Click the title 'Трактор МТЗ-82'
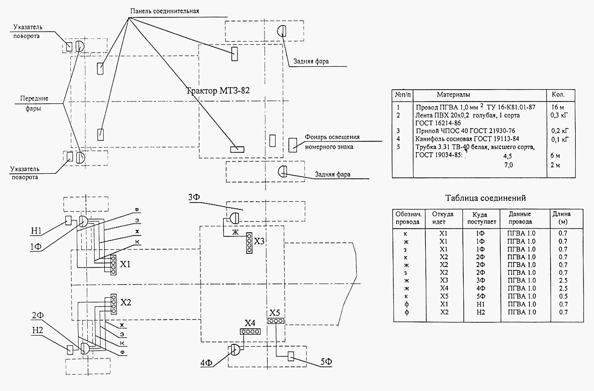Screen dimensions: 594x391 tap(218, 91)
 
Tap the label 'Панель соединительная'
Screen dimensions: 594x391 tap(164, 11)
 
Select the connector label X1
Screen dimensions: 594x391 tap(125, 264)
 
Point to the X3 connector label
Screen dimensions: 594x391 tap(259, 241)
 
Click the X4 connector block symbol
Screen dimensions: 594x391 tap(250, 332)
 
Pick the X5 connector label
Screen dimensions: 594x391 tap(275, 312)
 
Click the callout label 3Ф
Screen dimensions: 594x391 tap(194, 197)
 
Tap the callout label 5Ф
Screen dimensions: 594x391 tap(326, 362)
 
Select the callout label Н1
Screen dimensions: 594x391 tap(37, 231)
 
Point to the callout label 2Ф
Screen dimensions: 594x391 tap(37, 316)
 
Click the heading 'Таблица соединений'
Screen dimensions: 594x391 tap(485, 198)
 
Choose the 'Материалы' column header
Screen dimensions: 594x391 tap(453, 95)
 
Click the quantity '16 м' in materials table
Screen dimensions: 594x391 tap(557, 107)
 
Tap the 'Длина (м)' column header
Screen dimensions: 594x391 tap(562, 218)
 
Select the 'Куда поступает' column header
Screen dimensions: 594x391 tap(482, 218)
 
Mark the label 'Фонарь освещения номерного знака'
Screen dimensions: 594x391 tap(332, 142)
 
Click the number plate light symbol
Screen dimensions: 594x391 tap(293, 145)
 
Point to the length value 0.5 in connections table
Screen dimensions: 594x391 tap(563, 296)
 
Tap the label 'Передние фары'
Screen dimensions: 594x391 tap(34, 103)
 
